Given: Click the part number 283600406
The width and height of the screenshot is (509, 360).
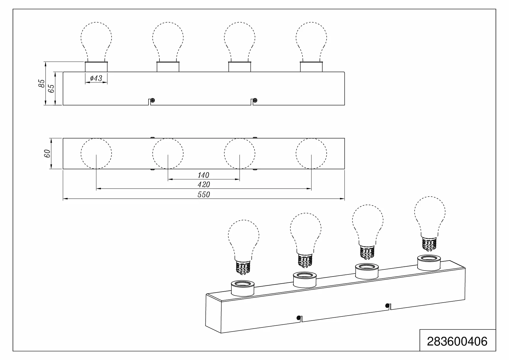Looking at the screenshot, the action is coord(457,341).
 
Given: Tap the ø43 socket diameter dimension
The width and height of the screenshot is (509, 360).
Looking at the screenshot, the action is coord(96,78).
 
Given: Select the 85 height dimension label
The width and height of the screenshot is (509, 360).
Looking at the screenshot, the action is coord(42,83).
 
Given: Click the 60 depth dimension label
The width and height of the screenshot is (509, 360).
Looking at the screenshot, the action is coord(47,153).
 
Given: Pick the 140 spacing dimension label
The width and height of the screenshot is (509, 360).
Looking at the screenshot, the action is coord(204,175).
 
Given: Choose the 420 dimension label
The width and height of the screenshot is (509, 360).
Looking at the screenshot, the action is coord(204,185).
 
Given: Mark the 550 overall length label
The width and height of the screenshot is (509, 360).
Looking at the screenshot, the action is coord(204,195).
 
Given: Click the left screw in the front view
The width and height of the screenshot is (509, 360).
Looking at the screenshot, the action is coord(152,100).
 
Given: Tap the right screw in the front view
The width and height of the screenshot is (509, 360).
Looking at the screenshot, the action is coord(255,100).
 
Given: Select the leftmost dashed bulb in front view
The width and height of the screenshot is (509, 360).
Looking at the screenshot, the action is coord(96,41).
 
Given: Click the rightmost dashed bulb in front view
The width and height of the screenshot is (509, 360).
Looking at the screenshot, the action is coord(311,41).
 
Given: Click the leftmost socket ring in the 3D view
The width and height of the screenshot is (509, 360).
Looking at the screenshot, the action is coord(243,288).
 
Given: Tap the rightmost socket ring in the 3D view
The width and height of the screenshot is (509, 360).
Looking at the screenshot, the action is coord(429,263).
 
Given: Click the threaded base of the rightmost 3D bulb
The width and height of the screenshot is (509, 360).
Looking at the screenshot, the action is coord(429,242).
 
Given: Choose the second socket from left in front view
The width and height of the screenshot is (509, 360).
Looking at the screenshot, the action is coord(168,67).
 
